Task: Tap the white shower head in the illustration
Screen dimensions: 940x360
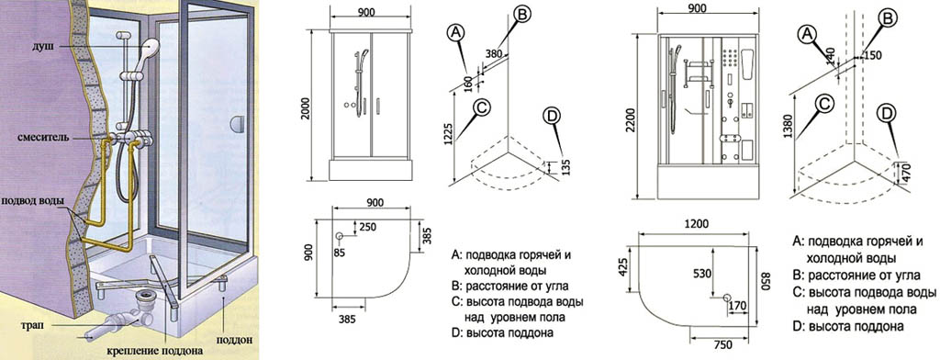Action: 150,45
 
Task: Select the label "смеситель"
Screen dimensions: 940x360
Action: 44,138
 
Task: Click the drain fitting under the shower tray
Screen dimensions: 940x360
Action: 144,297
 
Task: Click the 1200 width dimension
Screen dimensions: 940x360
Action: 696,224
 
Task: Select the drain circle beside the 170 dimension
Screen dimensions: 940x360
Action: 727,298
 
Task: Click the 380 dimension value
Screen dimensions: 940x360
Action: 493,53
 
